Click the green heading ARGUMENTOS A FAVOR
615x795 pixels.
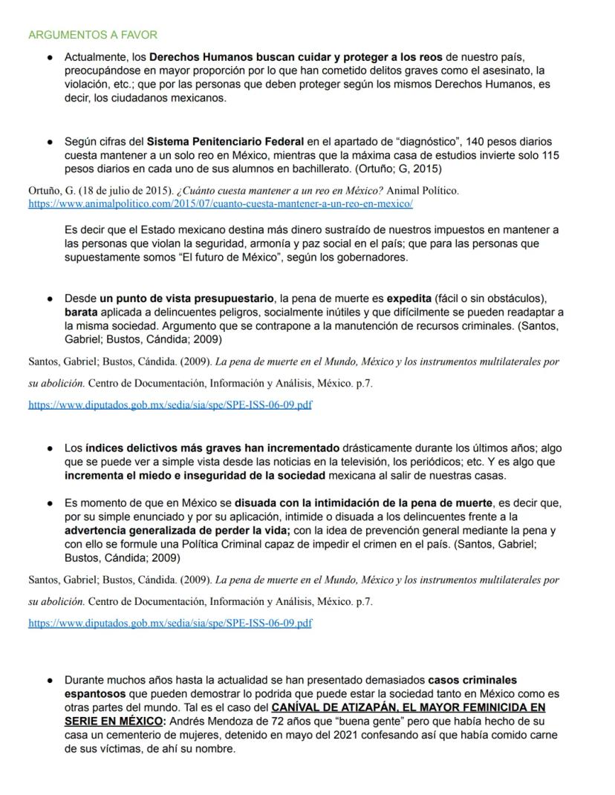[x=92, y=35]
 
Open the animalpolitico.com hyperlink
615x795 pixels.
[x=220, y=203]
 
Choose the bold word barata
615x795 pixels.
[x=81, y=313]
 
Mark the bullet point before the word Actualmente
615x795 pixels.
[x=49, y=57]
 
